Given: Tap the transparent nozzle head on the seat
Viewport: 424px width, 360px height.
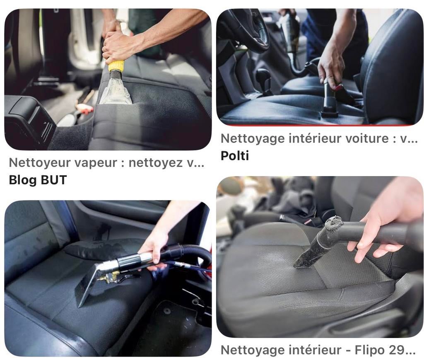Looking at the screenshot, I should point(116,91).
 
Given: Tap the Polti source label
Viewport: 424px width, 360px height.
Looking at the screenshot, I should point(235,156).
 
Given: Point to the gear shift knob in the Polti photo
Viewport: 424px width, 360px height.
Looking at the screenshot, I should point(263,77).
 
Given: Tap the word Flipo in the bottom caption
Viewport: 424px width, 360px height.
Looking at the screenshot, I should point(369,350).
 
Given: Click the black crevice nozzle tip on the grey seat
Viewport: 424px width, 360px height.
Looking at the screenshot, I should point(304,259).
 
